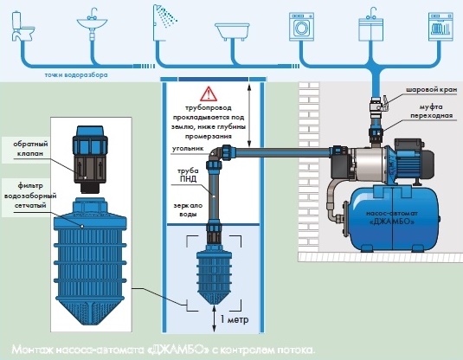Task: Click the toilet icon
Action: tap(23, 26)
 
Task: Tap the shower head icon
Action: tap(164, 22)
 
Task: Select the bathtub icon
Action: tap(232, 32)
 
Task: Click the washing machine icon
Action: tap(301, 27)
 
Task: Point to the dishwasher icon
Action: tap(440, 27)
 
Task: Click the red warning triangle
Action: tap(209, 94)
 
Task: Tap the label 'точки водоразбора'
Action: tap(76, 75)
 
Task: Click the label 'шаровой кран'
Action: tap(431, 90)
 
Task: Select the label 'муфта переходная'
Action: tap(431, 111)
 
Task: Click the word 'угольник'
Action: tap(188, 149)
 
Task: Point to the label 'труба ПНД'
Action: tap(188, 175)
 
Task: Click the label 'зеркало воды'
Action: tap(188, 210)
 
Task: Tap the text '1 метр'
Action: tap(235, 319)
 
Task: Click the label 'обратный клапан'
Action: tap(30, 149)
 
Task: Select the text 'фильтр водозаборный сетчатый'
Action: tap(30, 196)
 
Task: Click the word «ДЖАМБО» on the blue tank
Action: tap(392, 222)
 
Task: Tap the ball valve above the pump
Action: tap(379, 104)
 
